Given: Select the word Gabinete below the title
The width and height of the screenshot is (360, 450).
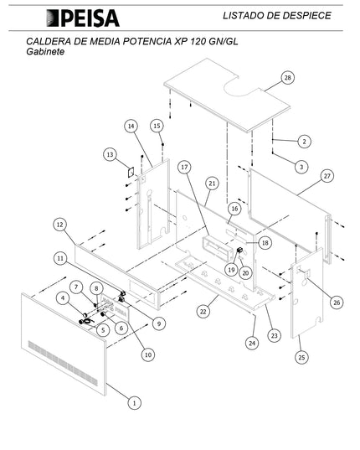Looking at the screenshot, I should pyautogui.click(x=45, y=52).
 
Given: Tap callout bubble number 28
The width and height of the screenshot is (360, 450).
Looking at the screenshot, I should pyautogui.click(x=287, y=78).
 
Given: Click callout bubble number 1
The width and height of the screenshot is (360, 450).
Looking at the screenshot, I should pyautogui.click(x=132, y=403).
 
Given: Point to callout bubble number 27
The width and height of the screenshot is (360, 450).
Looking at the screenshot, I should pyautogui.click(x=327, y=176).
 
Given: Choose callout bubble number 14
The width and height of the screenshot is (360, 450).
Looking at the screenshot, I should pyautogui.click(x=131, y=127).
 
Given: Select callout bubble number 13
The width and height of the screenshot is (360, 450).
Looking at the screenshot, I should pyautogui.click(x=110, y=155).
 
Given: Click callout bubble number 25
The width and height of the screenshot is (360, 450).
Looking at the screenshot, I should pyautogui.click(x=301, y=358).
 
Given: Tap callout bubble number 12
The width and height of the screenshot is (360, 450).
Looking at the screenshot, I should pyautogui.click(x=59, y=225).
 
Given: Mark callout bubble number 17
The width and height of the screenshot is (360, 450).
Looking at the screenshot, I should pyautogui.click(x=183, y=168).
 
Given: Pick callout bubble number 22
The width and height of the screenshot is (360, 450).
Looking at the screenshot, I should pyautogui.click(x=203, y=311).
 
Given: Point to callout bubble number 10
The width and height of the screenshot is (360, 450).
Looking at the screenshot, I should pyautogui.click(x=148, y=354).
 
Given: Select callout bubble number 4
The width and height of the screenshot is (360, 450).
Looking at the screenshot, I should pyautogui.click(x=63, y=297).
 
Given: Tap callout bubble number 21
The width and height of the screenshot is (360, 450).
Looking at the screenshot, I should pyautogui.click(x=212, y=183).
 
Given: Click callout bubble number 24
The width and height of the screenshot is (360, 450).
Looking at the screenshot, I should pyautogui.click(x=249, y=342).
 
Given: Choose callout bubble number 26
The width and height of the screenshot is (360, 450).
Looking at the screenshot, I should pyautogui.click(x=336, y=302).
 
